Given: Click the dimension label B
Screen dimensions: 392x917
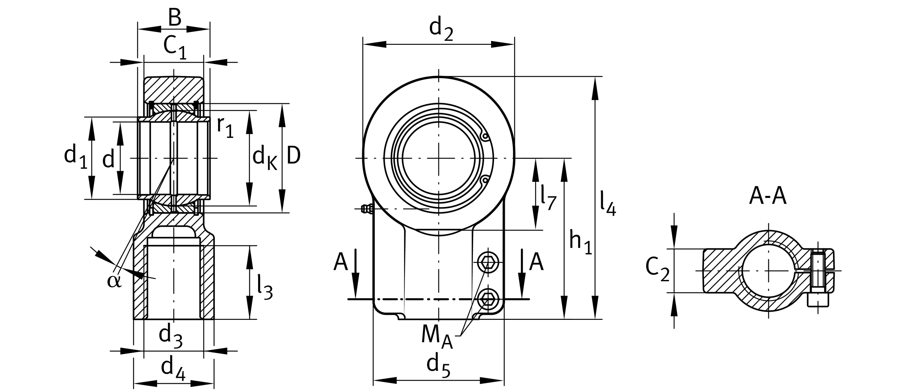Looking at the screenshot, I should coord(175,18).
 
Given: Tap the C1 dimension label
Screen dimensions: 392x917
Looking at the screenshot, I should coord(175,48).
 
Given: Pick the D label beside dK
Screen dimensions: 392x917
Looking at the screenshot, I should coord(293,156).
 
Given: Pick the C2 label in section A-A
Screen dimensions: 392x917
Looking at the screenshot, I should coord(657,269).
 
